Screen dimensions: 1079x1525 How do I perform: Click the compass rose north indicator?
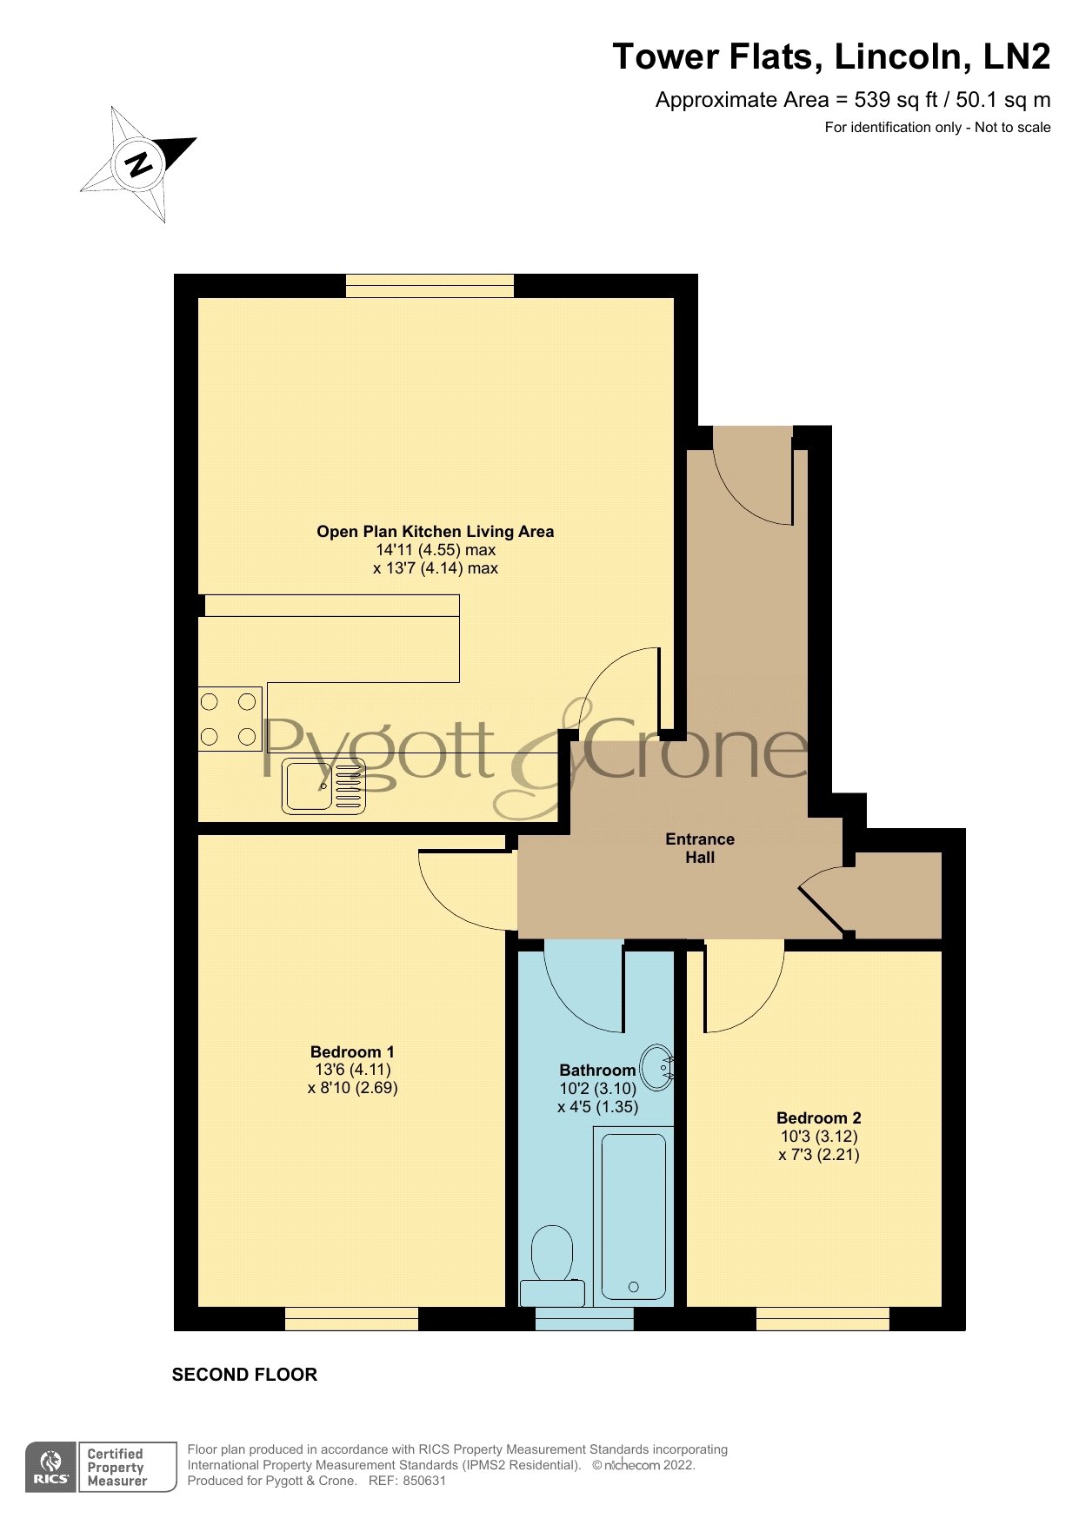138,163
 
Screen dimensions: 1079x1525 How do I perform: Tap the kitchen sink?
323,786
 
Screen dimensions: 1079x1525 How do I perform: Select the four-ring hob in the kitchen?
230,719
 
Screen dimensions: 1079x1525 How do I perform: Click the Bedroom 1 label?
352,1051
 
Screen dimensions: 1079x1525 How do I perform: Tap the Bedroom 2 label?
819,1118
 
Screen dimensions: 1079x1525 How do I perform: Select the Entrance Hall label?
700,848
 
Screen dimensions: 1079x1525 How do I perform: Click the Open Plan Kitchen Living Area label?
435,532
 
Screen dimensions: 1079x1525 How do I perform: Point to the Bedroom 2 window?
823,1319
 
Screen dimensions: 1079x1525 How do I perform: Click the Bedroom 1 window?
351,1319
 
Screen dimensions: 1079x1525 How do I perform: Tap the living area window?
430,286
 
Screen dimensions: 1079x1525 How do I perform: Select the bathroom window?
584,1319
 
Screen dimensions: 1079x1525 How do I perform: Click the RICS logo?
51,1468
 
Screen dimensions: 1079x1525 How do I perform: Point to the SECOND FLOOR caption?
244,1375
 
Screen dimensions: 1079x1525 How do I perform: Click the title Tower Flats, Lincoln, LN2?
831,56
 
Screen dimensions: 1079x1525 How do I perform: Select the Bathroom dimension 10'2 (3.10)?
598,1089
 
